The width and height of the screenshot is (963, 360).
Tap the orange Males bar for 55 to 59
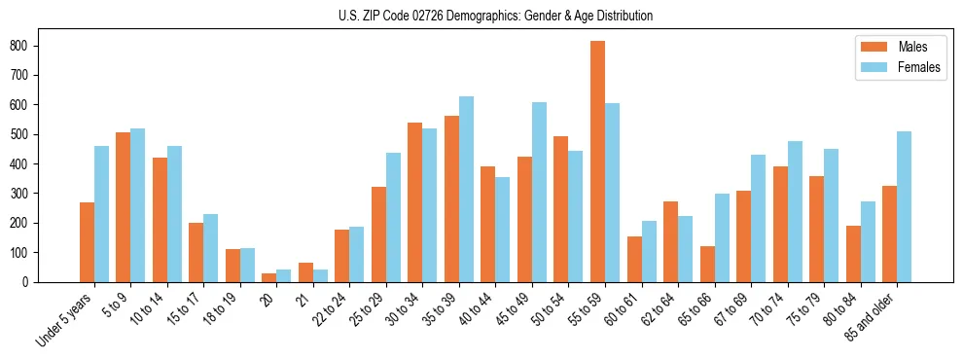tap(597, 162)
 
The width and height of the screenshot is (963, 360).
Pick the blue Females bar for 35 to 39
tap(466, 189)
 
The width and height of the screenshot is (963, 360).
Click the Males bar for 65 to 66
tap(707, 264)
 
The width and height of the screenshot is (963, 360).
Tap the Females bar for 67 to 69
tap(758, 218)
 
